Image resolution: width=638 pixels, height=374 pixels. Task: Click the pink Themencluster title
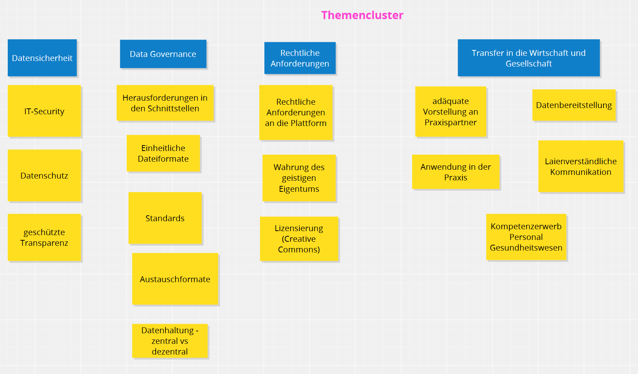tap(362, 15)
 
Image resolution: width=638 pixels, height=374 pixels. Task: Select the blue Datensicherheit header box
tap(42, 58)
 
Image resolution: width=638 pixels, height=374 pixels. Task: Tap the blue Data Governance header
tap(163, 54)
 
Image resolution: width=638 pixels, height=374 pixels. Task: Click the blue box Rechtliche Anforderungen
tap(300, 58)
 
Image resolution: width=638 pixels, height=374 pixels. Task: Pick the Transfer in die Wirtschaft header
tap(529, 58)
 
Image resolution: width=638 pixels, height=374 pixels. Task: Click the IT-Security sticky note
tap(44, 111)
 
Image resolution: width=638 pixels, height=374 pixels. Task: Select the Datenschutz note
tap(44, 175)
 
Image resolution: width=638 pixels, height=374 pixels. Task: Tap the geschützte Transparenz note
tap(44, 237)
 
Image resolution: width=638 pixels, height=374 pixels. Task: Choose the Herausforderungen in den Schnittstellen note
tap(165, 103)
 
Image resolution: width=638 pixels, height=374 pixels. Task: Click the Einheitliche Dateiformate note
tap(163, 153)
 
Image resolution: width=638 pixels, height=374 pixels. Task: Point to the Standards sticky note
tap(165, 218)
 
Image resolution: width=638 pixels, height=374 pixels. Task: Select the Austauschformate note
tap(175, 279)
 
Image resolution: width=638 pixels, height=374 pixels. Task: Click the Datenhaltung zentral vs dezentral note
tap(170, 341)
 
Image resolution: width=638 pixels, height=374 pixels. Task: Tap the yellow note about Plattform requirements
tap(296, 112)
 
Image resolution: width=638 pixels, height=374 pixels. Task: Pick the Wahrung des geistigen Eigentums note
tap(299, 178)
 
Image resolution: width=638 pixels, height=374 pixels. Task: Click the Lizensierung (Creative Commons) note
tap(299, 239)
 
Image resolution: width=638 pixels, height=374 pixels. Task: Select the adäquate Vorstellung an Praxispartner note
tap(450, 112)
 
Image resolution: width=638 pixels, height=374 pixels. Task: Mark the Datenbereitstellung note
tap(574, 105)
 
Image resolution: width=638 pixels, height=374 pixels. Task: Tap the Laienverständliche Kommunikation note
tap(581, 166)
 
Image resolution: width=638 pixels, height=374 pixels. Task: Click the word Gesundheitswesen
tap(526, 248)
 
